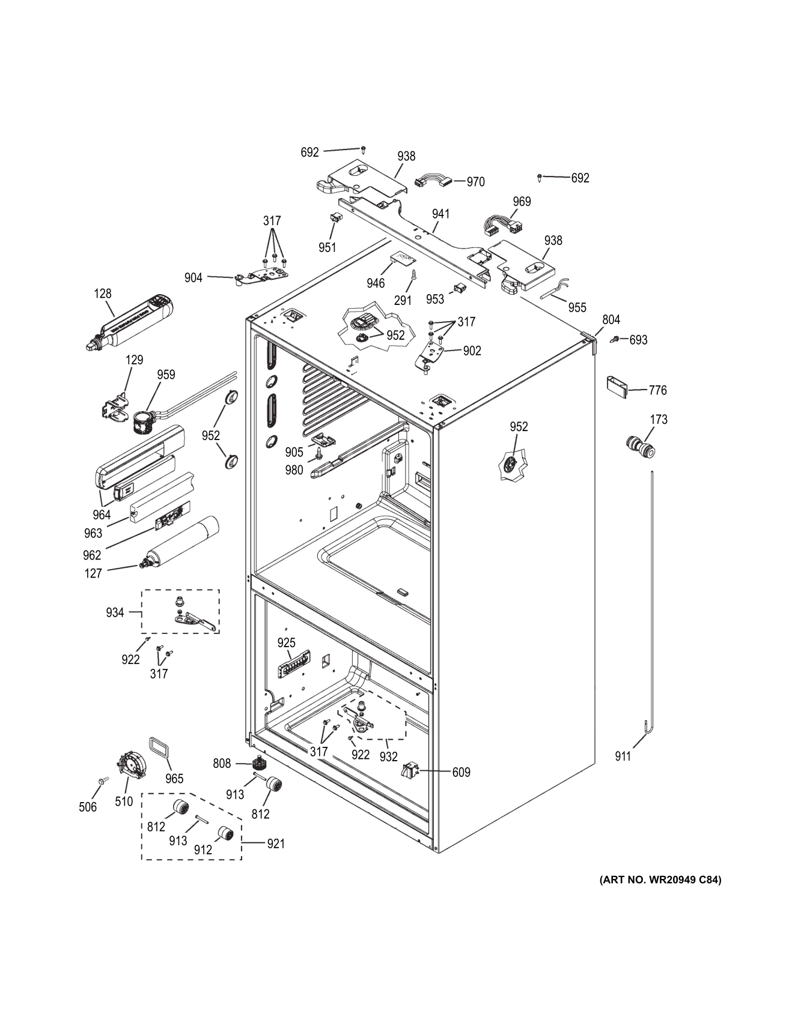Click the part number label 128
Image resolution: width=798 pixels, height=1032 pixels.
click(x=103, y=294)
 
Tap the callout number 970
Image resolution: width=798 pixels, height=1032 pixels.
click(x=475, y=182)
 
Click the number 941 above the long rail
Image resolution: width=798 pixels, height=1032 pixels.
click(x=440, y=214)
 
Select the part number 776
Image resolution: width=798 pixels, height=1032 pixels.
click(x=657, y=390)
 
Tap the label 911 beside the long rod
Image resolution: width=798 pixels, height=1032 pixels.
click(x=623, y=756)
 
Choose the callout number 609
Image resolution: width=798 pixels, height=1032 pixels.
click(x=461, y=772)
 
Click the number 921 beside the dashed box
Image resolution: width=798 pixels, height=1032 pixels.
click(x=276, y=843)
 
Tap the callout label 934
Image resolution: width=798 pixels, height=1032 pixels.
click(x=115, y=612)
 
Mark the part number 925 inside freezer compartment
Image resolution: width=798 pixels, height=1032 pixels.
click(x=287, y=643)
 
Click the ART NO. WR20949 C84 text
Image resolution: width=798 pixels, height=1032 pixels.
click(x=661, y=880)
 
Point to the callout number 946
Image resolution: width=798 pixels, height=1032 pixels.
click(x=376, y=283)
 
